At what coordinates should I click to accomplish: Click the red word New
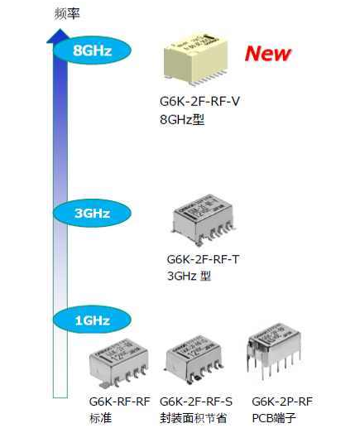click(267, 54)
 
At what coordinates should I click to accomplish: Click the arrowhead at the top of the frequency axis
click(58, 36)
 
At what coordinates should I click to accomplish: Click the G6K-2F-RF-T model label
click(204, 259)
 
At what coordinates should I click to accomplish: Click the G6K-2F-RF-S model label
click(195, 402)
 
